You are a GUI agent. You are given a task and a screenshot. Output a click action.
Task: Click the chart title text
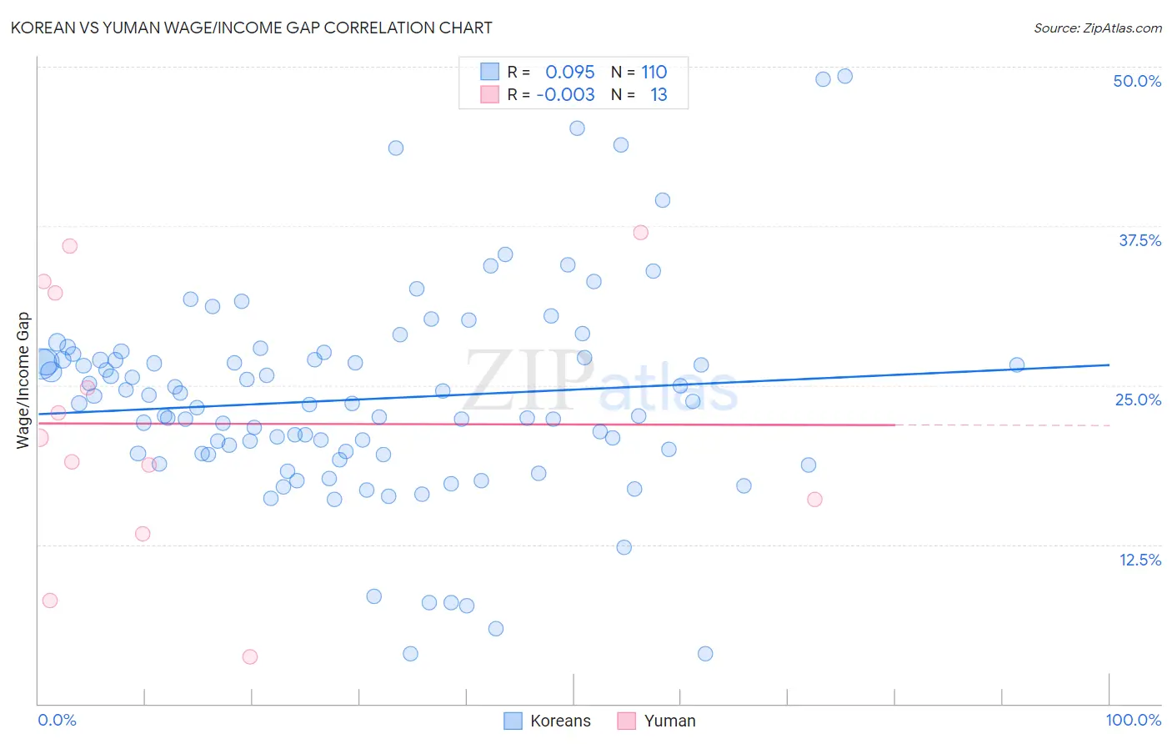pos(252,28)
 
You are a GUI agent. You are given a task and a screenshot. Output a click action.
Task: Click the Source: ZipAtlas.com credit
pos(1097,28)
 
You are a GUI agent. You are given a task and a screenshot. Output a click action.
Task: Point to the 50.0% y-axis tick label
pos(1137,81)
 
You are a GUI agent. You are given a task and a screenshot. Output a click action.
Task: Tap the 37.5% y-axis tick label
pos(1139,240)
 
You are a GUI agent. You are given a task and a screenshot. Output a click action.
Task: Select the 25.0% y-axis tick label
pos(1138,400)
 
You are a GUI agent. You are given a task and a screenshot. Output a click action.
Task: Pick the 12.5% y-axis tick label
pos(1139,560)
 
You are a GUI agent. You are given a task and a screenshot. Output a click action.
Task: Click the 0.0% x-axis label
pos(58,720)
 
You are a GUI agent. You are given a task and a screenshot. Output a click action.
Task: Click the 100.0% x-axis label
pos(1133,720)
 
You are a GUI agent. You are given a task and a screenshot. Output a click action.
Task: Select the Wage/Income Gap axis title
pos(23,380)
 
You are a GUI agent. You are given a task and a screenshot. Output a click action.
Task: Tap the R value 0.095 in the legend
pos(570,72)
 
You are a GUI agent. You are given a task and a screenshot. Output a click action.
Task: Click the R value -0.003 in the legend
pos(566,94)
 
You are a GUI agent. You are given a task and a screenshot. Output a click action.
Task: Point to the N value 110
pos(654,72)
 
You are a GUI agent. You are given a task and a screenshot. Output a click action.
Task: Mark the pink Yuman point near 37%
pos(640,233)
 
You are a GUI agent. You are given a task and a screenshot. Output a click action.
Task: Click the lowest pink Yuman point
pos(250,656)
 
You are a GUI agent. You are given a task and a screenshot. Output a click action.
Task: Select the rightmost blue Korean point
pos(1017,364)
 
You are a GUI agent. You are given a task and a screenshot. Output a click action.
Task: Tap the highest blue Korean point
pos(844,76)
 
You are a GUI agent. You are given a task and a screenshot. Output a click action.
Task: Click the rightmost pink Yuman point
pos(814,499)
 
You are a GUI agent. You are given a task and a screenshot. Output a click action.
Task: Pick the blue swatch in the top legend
pos(489,72)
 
